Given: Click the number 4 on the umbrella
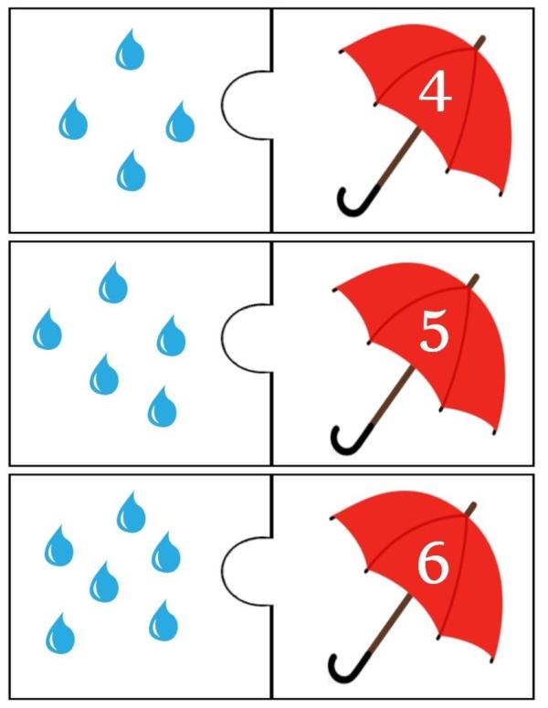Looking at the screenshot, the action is pos(435,93).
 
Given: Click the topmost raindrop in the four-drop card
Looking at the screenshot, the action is pos(130,49).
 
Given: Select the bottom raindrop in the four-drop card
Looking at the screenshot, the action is pos(132,171).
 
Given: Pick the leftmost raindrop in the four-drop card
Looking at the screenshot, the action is pos(73,119).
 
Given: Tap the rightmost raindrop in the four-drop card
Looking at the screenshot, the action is pos(180,122).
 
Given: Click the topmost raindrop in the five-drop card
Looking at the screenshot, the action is pos(113,282).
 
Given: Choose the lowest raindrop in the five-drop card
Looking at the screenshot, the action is pos(162,407).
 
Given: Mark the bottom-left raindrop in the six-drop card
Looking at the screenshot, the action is pos(60,633).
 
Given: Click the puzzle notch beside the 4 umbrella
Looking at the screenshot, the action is pos(222,105).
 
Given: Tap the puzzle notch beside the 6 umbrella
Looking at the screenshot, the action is pos(222,571).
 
